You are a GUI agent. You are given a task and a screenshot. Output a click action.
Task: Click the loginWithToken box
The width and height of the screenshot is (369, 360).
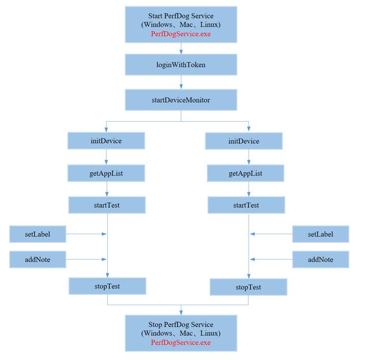pyautogui.click(x=181, y=65)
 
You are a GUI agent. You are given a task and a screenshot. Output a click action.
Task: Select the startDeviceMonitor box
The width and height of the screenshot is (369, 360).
pyautogui.click(x=181, y=100)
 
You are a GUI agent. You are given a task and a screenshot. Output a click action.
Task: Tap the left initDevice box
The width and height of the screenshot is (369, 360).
pyautogui.click(x=106, y=141)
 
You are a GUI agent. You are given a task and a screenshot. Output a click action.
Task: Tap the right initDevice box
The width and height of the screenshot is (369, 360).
pyautogui.click(x=244, y=141)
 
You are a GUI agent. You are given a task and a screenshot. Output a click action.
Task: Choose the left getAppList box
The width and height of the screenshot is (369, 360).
pyautogui.click(x=106, y=173)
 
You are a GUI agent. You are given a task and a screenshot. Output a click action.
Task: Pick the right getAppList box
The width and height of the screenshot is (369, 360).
pyautogui.click(x=246, y=173)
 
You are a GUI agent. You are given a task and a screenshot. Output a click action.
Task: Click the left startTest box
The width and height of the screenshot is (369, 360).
pyautogui.click(x=107, y=205)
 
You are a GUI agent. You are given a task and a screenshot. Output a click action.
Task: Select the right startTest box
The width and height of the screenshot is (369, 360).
pyautogui.click(x=246, y=205)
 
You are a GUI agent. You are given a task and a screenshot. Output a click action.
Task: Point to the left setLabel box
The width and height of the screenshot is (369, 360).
pyautogui.click(x=37, y=234)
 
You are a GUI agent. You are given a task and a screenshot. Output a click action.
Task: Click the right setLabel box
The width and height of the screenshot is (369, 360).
pyautogui.click(x=321, y=234)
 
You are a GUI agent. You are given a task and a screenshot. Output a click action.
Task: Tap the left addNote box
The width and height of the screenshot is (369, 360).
pyautogui.click(x=37, y=260)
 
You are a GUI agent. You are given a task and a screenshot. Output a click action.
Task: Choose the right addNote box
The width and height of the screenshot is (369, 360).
pyautogui.click(x=321, y=260)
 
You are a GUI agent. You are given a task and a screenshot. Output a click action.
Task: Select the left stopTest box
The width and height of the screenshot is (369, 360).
pyautogui.click(x=107, y=286)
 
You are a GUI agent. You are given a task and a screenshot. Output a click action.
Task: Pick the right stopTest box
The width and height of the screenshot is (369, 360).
pyautogui.click(x=248, y=287)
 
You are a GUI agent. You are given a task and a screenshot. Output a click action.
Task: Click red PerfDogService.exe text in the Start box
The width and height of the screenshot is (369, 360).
pyautogui.click(x=180, y=34)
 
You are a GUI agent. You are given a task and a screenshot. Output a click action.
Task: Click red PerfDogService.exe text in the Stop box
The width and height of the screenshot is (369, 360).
pyautogui.click(x=180, y=342)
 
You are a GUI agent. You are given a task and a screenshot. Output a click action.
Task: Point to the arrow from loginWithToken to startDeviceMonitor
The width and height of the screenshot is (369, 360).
pyautogui.click(x=181, y=82)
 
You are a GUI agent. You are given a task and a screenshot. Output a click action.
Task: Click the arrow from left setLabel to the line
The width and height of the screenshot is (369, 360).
pyautogui.click(x=86, y=234)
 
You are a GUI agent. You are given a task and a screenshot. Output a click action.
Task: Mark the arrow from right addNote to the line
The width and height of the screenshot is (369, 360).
pyautogui.click(x=271, y=259)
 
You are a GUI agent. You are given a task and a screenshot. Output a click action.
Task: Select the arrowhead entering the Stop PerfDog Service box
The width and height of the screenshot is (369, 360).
pyautogui.click(x=181, y=313)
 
